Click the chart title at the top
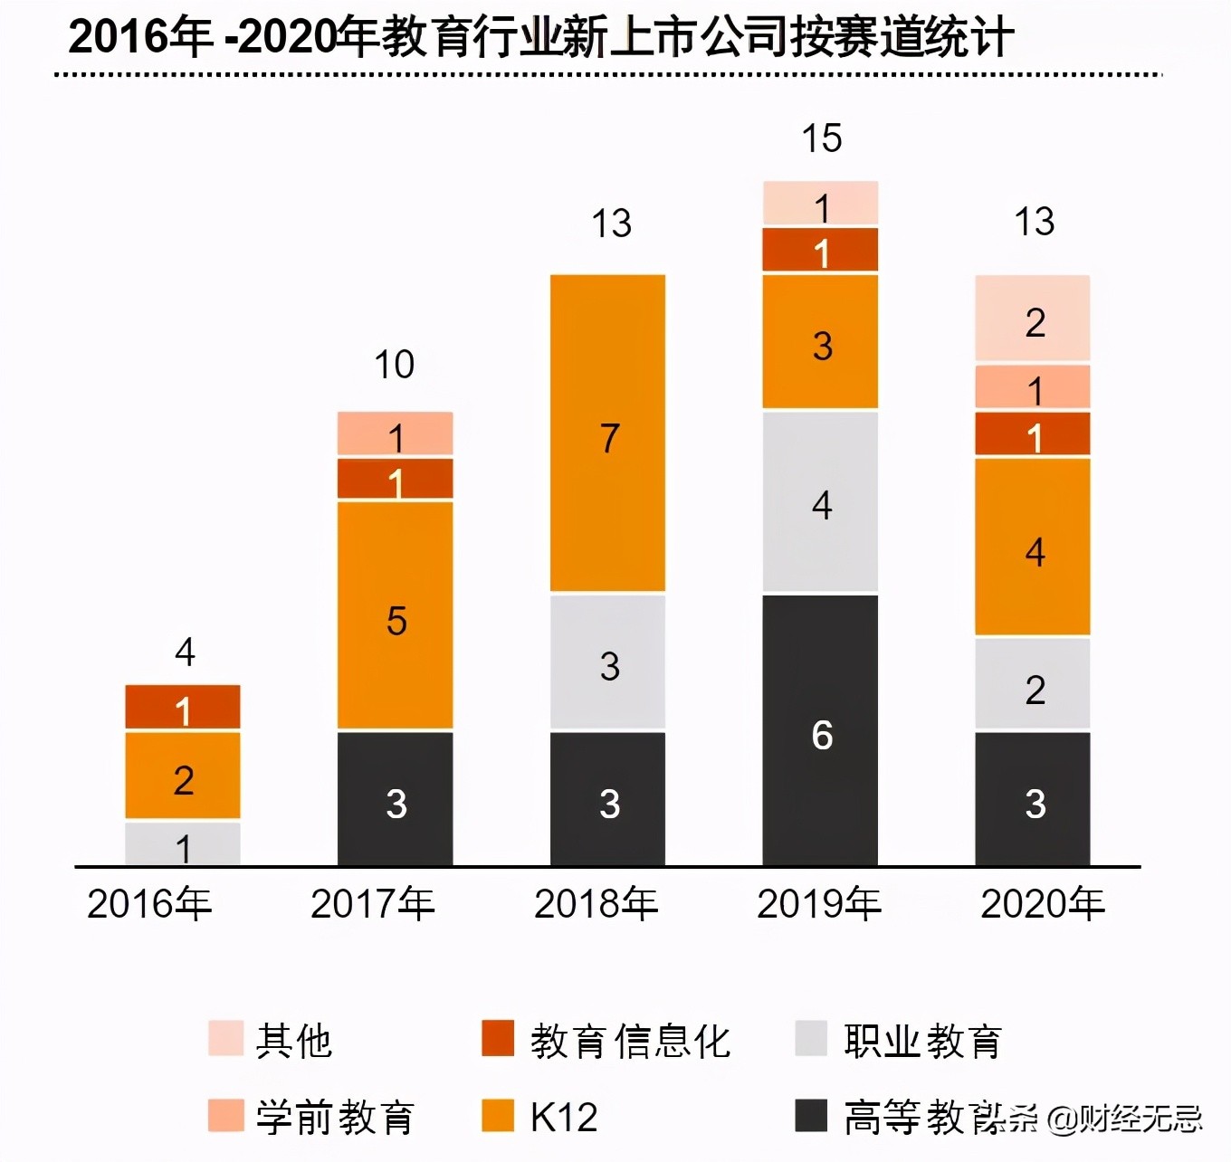pyautogui.click(x=540, y=38)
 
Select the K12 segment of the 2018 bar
pyautogui.click(x=608, y=433)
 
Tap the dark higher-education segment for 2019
pyautogui.click(x=820, y=729)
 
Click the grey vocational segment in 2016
pyautogui.click(x=183, y=843)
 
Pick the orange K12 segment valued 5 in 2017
pyautogui.click(x=396, y=615)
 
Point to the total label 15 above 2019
pyautogui.click(x=821, y=138)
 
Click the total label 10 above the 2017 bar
pyautogui.click(x=395, y=365)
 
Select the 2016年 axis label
pyautogui.click(x=149, y=904)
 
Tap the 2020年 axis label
pyautogui.click(x=1043, y=904)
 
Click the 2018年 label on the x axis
pyautogui.click(x=596, y=904)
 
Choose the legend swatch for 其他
pyautogui.click(x=225, y=1039)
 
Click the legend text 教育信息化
pyautogui.click(x=630, y=1041)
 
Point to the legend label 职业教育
pyautogui.click(x=921, y=1041)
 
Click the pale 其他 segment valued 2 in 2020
pyautogui.click(x=1033, y=319)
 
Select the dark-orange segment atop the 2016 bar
pyautogui.click(x=183, y=707)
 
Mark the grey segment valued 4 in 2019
pyautogui.click(x=820, y=502)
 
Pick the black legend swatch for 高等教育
pyautogui.click(x=811, y=1116)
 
